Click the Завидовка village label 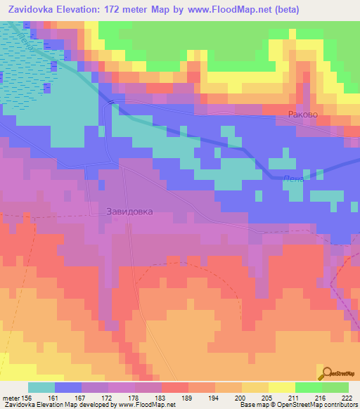(129, 211)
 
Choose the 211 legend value (294, 397)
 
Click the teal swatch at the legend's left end (41, 387)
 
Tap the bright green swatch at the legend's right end (335, 387)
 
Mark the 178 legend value (134, 397)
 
